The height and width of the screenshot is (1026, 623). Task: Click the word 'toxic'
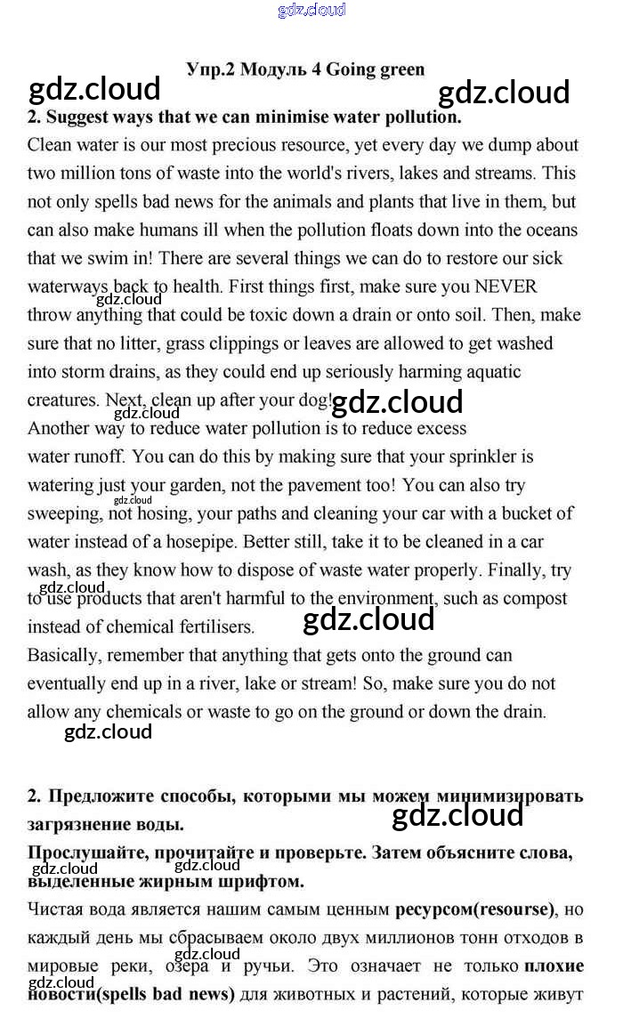point(320,315)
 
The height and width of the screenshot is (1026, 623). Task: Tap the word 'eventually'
point(68,684)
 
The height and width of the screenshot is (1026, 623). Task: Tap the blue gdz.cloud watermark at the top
point(311,11)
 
